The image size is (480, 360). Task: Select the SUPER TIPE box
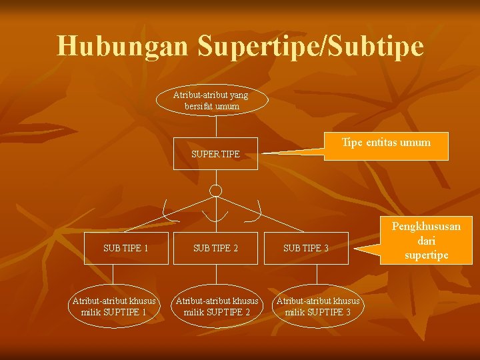[x=215, y=154]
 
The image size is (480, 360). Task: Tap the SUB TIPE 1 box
[x=126, y=248]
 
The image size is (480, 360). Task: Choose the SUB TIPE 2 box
[x=215, y=248]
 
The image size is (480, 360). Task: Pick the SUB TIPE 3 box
[x=306, y=248]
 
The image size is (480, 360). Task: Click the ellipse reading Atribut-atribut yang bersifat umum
[x=211, y=101]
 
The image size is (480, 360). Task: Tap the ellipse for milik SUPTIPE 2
[x=216, y=307]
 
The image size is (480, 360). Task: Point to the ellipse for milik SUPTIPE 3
[x=318, y=307]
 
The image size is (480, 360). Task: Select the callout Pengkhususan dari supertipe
[x=425, y=241]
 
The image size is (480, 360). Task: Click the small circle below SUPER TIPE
[x=215, y=191]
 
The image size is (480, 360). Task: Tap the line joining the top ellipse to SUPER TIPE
[x=215, y=127]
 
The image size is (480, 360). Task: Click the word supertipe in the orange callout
[x=426, y=255]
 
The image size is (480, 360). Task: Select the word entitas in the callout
[x=387, y=142]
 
